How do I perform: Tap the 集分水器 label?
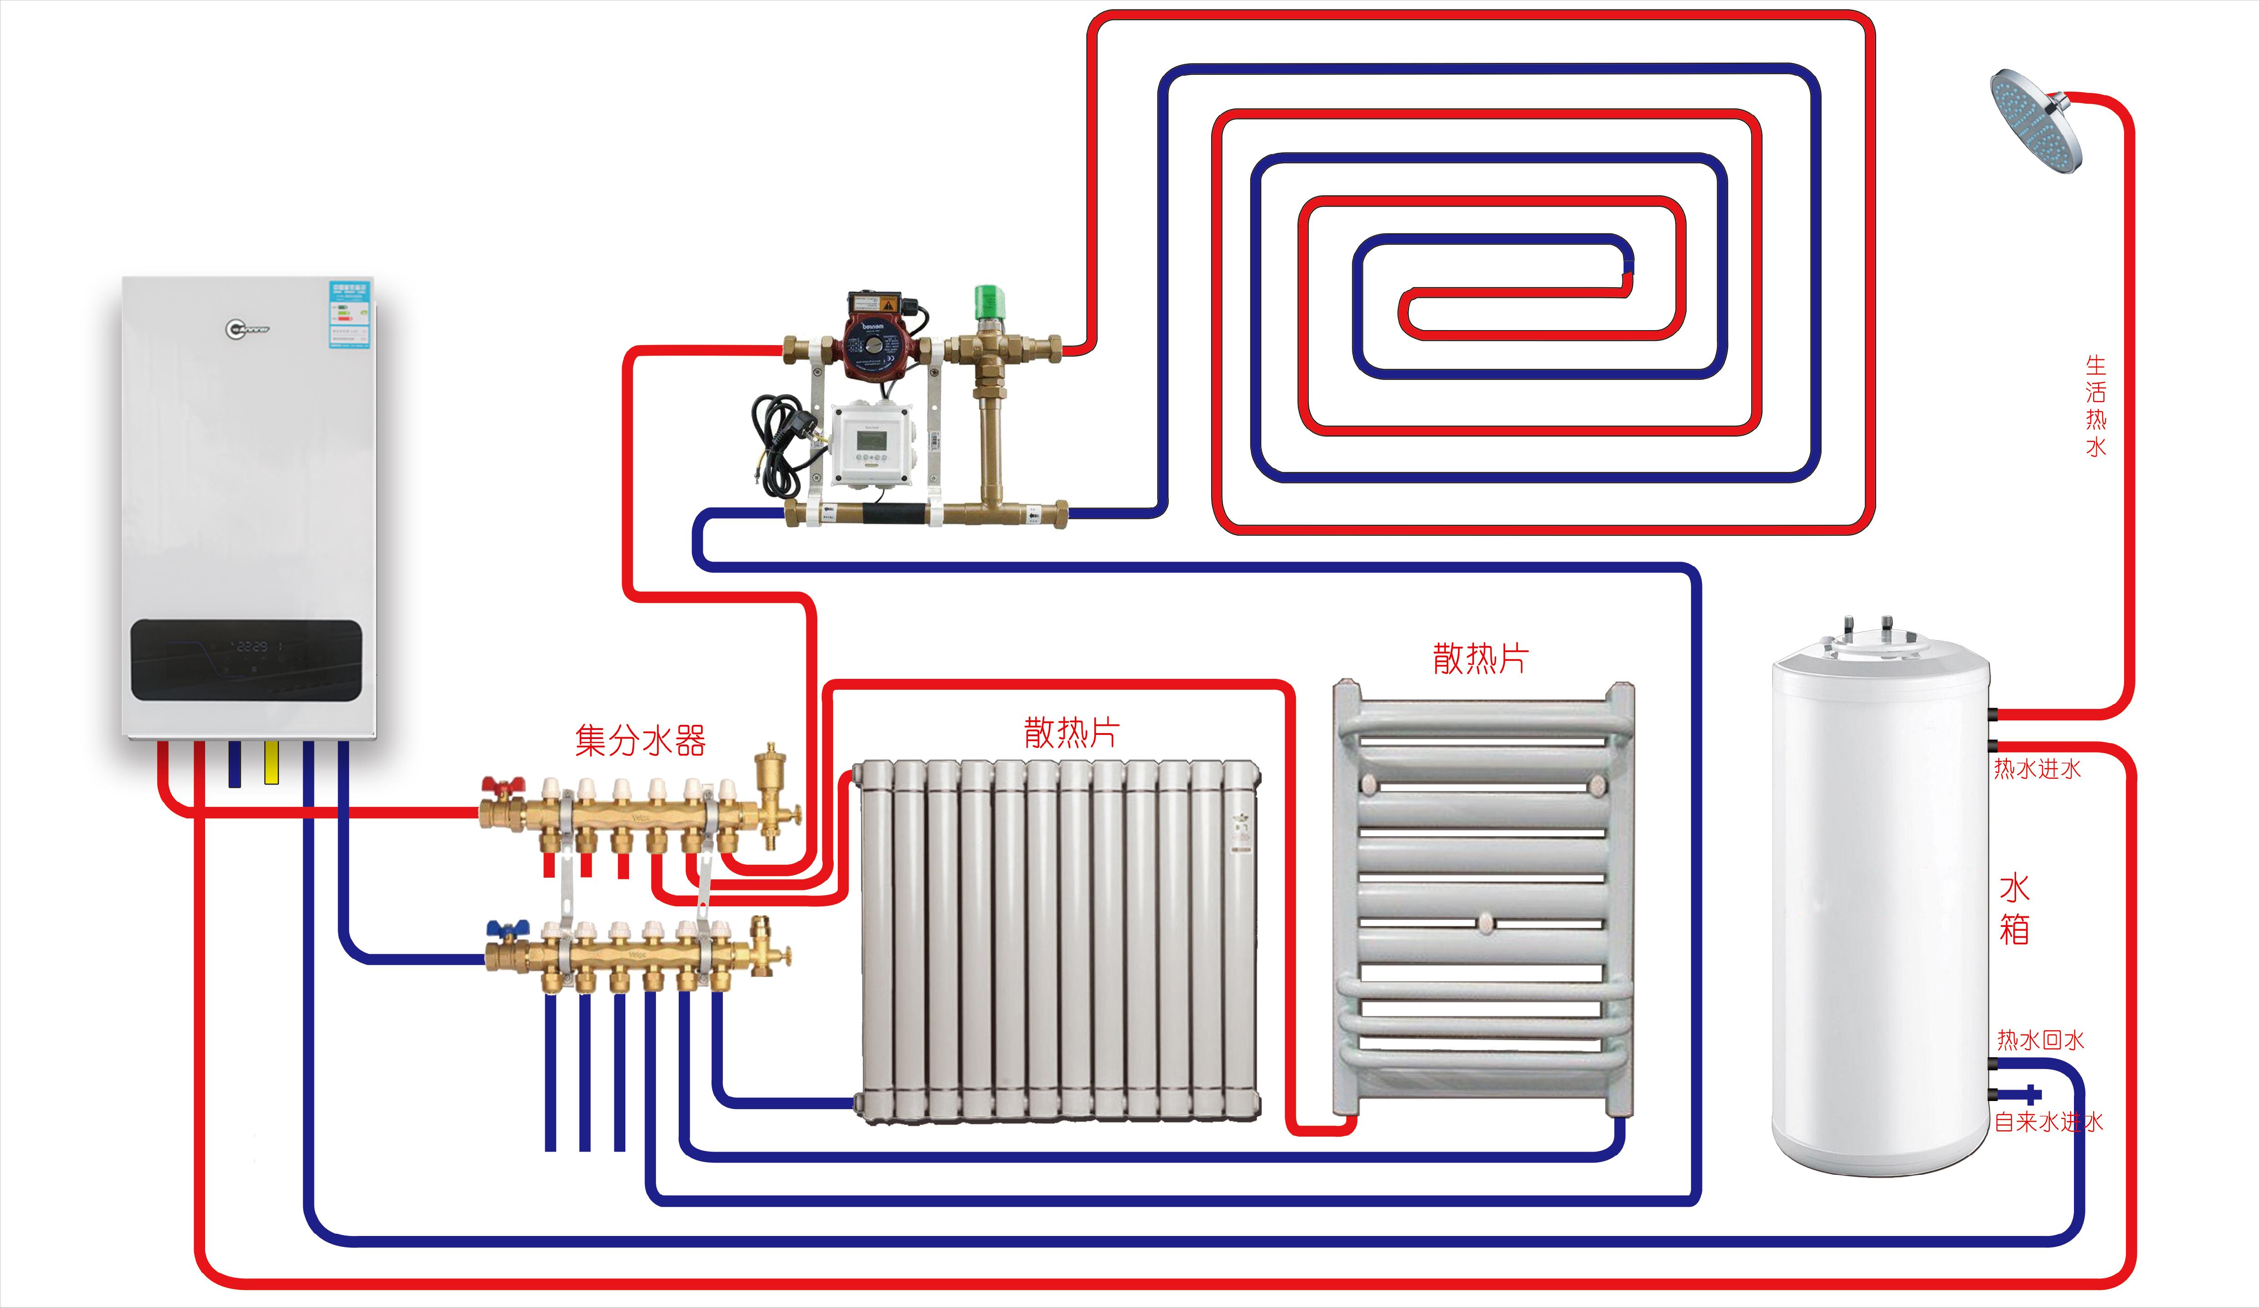(x=640, y=740)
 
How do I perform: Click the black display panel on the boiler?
(x=247, y=659)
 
